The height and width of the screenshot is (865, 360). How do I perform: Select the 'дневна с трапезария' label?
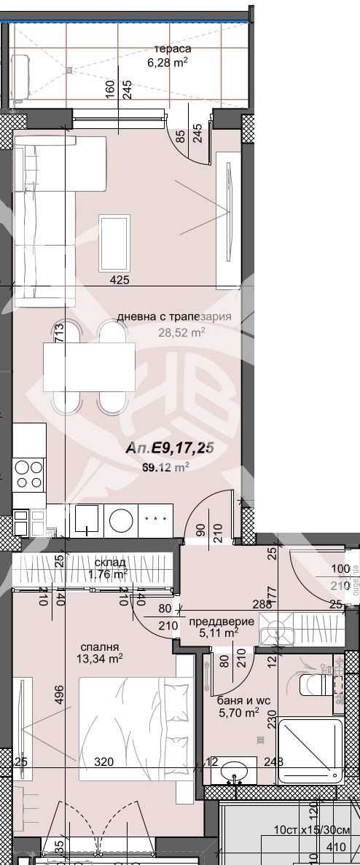(x=174, y=317)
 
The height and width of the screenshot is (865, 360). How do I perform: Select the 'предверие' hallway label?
(x=222, y=622)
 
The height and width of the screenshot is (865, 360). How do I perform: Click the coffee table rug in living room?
(x=114, y=243)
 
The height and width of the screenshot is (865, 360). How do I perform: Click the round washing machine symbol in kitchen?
(x=121, y=520)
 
